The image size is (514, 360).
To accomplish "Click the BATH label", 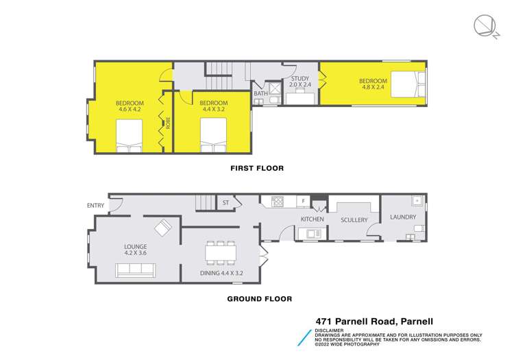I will (x=260, y=93).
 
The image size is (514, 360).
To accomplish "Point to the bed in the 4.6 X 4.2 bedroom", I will (x=129, y=135).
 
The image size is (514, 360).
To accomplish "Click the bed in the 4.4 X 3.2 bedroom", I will (x=214, y=135).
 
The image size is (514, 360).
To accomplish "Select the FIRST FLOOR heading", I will (x=256, y=168).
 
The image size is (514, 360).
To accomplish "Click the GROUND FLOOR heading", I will (x=259, y=298).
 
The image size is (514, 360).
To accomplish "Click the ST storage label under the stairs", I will (x=225, y=202).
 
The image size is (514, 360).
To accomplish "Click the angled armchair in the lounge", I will (x=163, y=227).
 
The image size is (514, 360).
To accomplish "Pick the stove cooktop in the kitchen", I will (x=278, y=201).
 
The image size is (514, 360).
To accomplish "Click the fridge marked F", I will (x=303, y=201).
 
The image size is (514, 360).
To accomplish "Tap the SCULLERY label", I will (x=354, y=219).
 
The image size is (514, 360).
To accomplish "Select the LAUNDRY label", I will (x=402, y=217).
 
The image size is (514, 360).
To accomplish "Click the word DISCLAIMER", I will (x=330, y=329).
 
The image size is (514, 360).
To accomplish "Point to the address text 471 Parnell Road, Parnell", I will (x=374, y=320).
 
